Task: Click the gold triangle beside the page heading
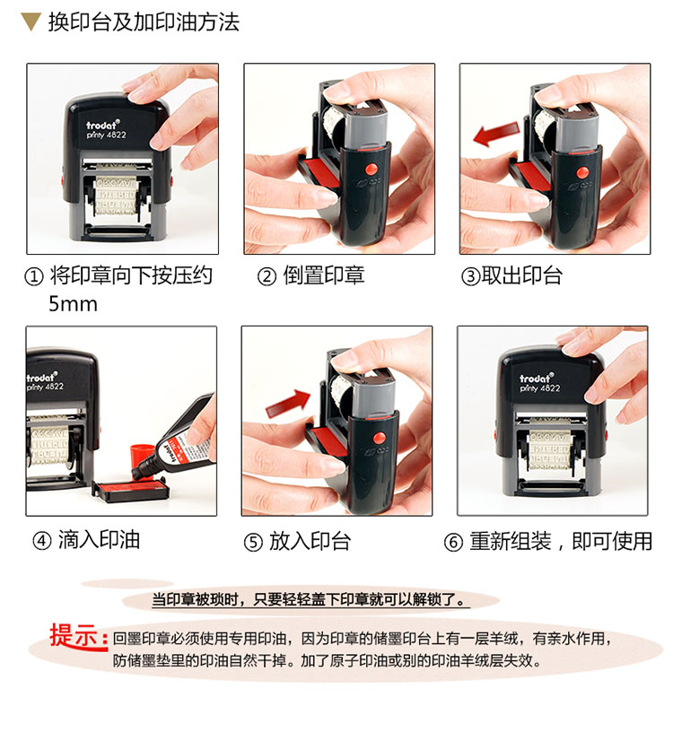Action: click(31, 22)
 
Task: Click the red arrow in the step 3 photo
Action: click(496, 134)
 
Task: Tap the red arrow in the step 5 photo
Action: click(288, 404)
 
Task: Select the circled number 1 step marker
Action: click(33, 277)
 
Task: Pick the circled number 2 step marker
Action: click(267, 277)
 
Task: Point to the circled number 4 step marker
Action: click(41, 541)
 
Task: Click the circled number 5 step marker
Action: click(253, 542)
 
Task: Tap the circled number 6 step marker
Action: click(453, 542)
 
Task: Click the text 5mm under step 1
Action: click(74, 304)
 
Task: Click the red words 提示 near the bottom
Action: click(78, 636)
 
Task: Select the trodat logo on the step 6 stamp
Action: click(537, 379)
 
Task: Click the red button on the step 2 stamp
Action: click(371, 169)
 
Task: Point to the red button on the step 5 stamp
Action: click(380, 438)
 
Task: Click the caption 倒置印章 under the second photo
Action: click(324, 276)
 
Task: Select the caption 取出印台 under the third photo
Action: click(521, 276)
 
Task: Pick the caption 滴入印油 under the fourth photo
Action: click(99, 540)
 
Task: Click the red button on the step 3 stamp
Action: click(582, 172)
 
